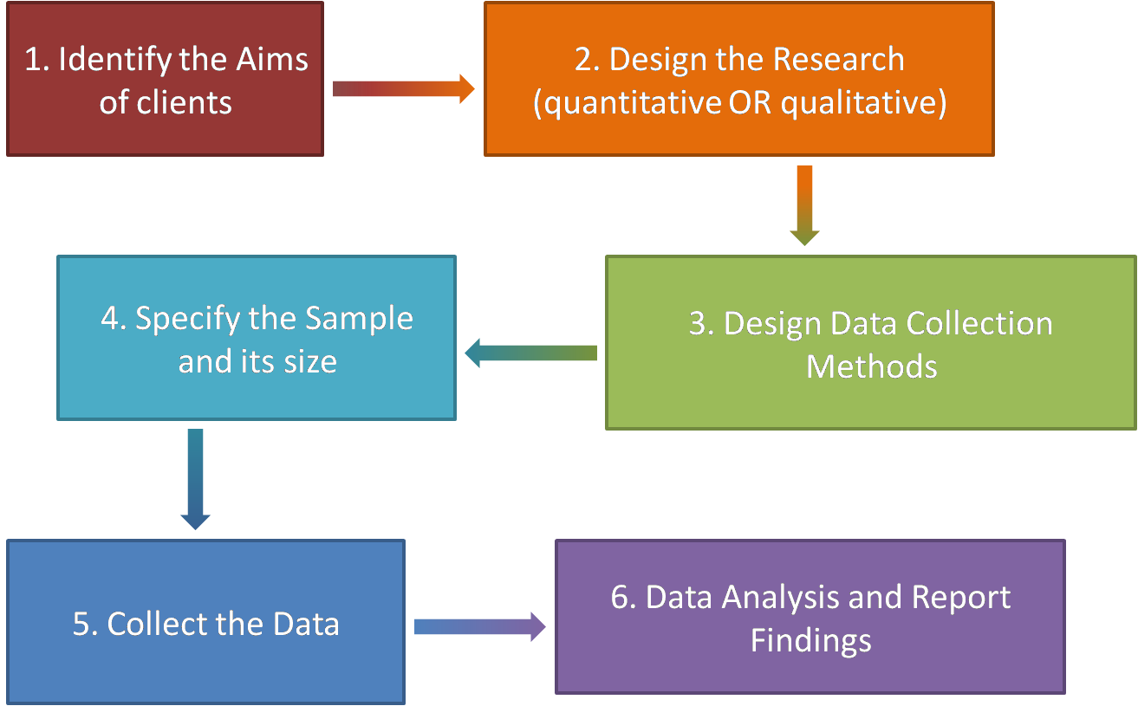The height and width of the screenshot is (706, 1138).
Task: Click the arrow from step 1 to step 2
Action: (x=403, y=88)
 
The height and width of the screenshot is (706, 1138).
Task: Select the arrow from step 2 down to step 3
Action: (x=804, y=205)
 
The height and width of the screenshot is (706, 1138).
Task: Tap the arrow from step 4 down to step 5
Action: (x=195, y=479)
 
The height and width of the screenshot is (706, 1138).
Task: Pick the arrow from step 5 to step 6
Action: (x=479, y=626)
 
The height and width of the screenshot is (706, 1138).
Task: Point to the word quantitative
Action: (x=626, y=103)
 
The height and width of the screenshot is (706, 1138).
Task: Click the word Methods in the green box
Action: (x=871, y=366)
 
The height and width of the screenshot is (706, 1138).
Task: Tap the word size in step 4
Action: (x=310, y=361)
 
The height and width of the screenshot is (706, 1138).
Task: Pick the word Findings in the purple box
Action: (x=810, y=641)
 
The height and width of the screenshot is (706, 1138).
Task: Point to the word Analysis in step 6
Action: (x=768, y=598)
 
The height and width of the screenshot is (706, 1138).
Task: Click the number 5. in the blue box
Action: (x=86, y=625)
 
